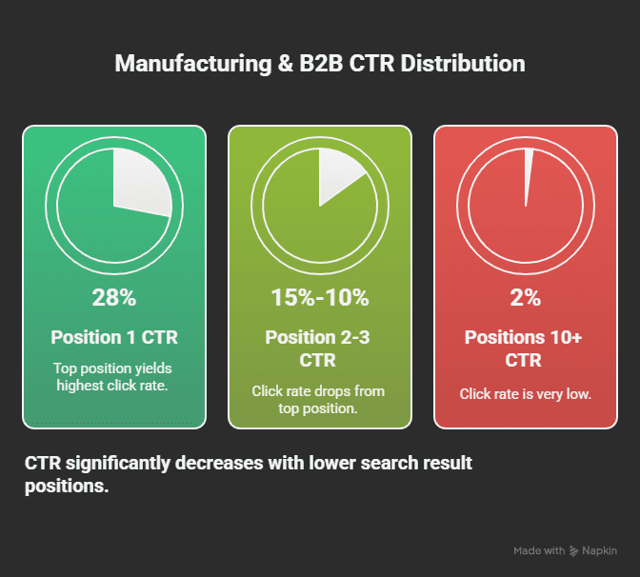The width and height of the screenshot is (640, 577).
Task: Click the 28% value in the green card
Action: coord(113,297)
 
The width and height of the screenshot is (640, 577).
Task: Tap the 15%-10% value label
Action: coord(320,297)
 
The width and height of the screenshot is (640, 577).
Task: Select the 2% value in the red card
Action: coord(526,297)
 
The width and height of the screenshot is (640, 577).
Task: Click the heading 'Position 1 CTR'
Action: coord(113,337)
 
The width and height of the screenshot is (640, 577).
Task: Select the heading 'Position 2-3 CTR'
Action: coord(320,348)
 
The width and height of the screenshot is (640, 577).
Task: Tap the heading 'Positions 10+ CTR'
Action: coord(526,348)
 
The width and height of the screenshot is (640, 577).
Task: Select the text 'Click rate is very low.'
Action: coord(526,393)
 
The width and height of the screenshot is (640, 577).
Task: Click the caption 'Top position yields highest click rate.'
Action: coord(113,377)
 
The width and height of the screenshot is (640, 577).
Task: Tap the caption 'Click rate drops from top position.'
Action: coord(320,400)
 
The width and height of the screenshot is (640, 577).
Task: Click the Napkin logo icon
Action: coord(574,550)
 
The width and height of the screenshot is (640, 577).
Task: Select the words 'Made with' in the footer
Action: coord(538,550)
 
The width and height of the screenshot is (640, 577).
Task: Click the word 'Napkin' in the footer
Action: coord(600,550)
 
